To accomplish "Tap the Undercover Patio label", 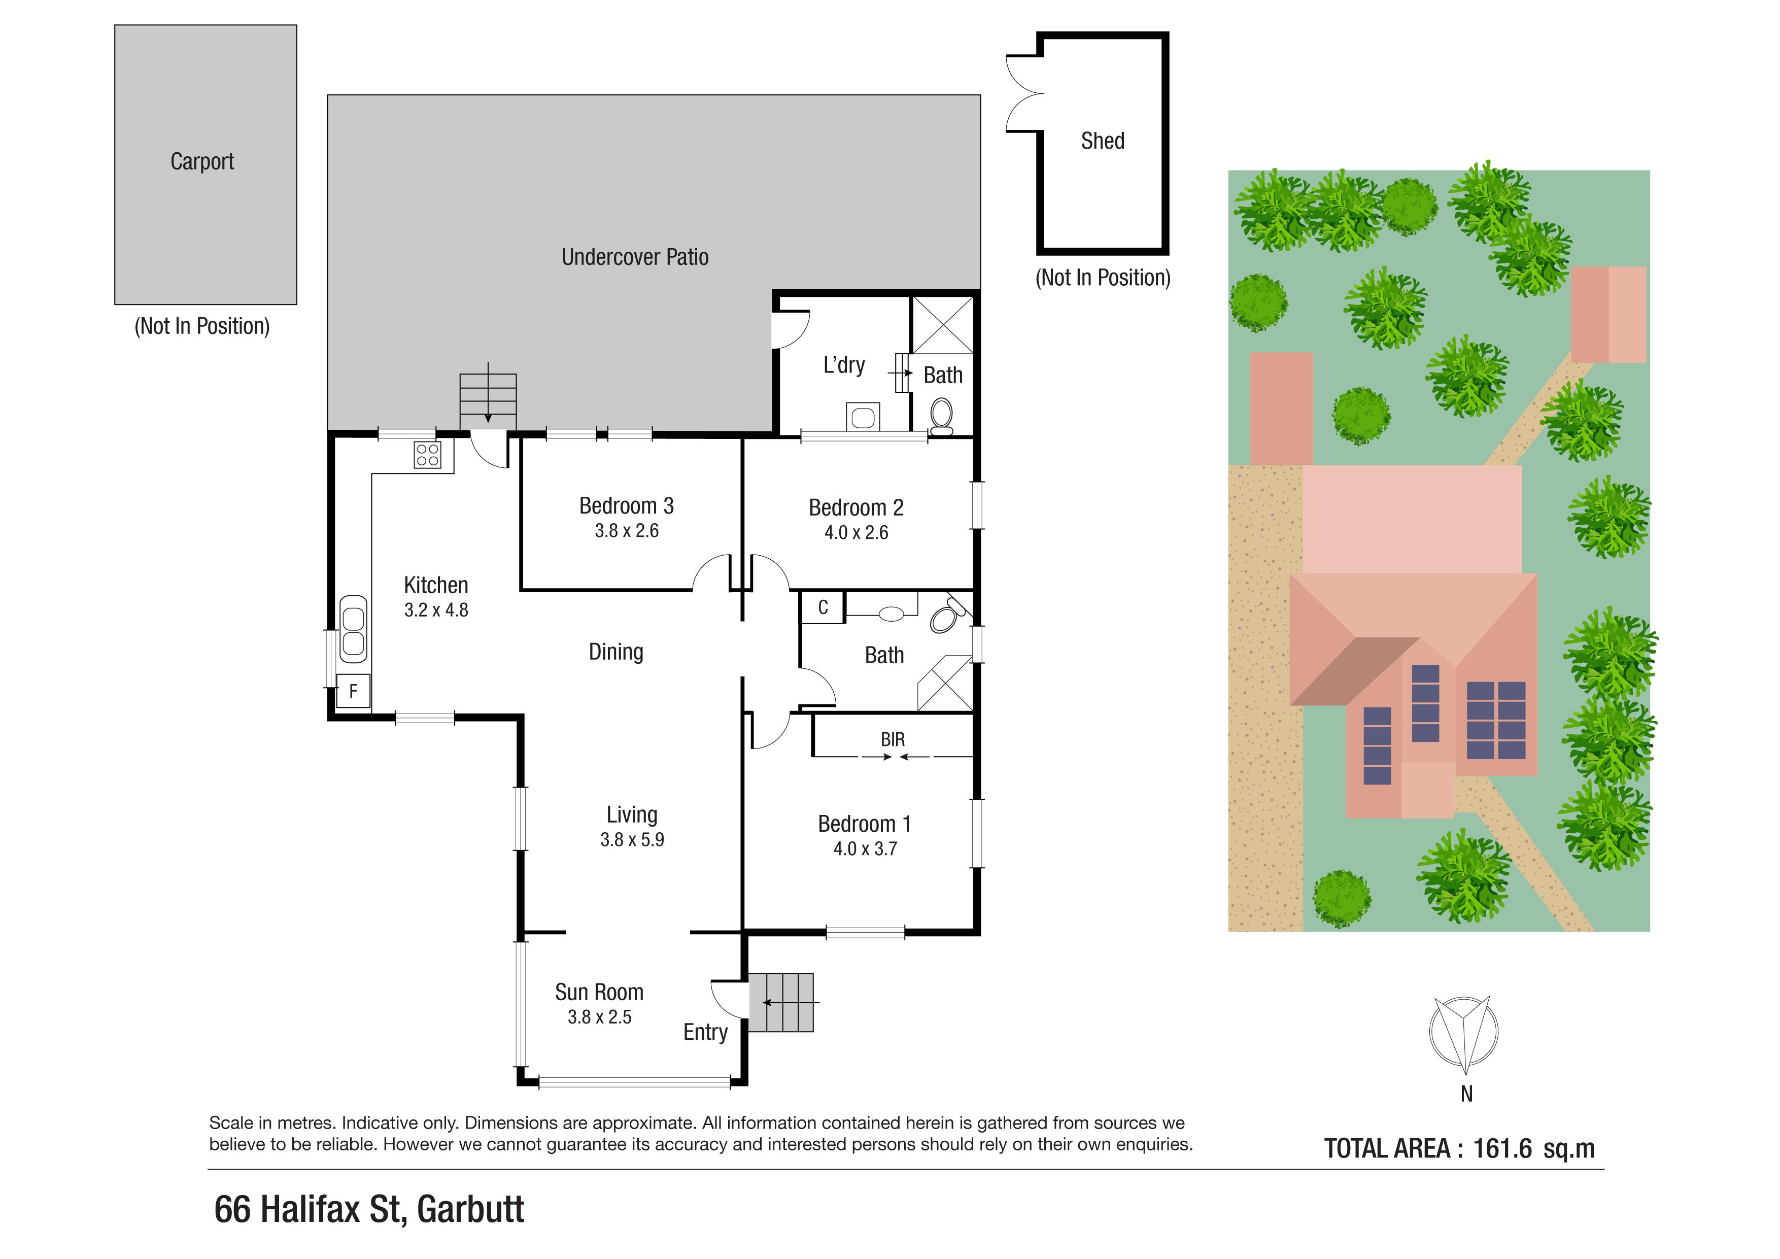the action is [635, 257].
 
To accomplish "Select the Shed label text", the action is [1103, 141].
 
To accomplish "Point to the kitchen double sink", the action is [353, 629].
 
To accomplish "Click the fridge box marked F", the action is [353, 691].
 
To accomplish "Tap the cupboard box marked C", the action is [823, 607].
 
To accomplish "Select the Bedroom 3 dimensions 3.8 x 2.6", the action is [627, 531].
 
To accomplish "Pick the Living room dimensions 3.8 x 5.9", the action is [632, 840].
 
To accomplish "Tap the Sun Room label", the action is [599, 992].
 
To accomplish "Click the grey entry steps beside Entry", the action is [781, 1002].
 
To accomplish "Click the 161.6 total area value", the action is [1501, 1148].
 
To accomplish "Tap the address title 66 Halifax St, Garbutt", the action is [369, 1209].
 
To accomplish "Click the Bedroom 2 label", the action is [856, 508].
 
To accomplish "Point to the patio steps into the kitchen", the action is [488, 401].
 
